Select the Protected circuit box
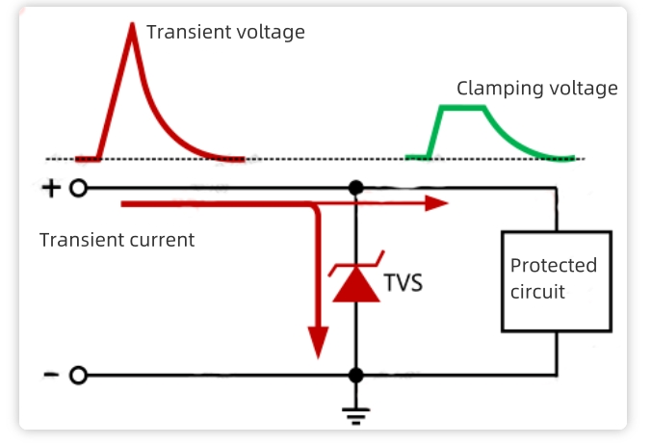pos(556,280)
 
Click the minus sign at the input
pos(50,375)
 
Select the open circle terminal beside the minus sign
pos(78,375)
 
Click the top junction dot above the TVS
pos(356,188)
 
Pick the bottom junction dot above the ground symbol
pos(356,375)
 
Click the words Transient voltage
pos(225,33)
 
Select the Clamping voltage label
pos(536,89)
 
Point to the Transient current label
pos(117,240)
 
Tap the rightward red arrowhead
pos(438,203)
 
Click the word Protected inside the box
pos(554,266)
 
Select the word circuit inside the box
pos(537,291)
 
